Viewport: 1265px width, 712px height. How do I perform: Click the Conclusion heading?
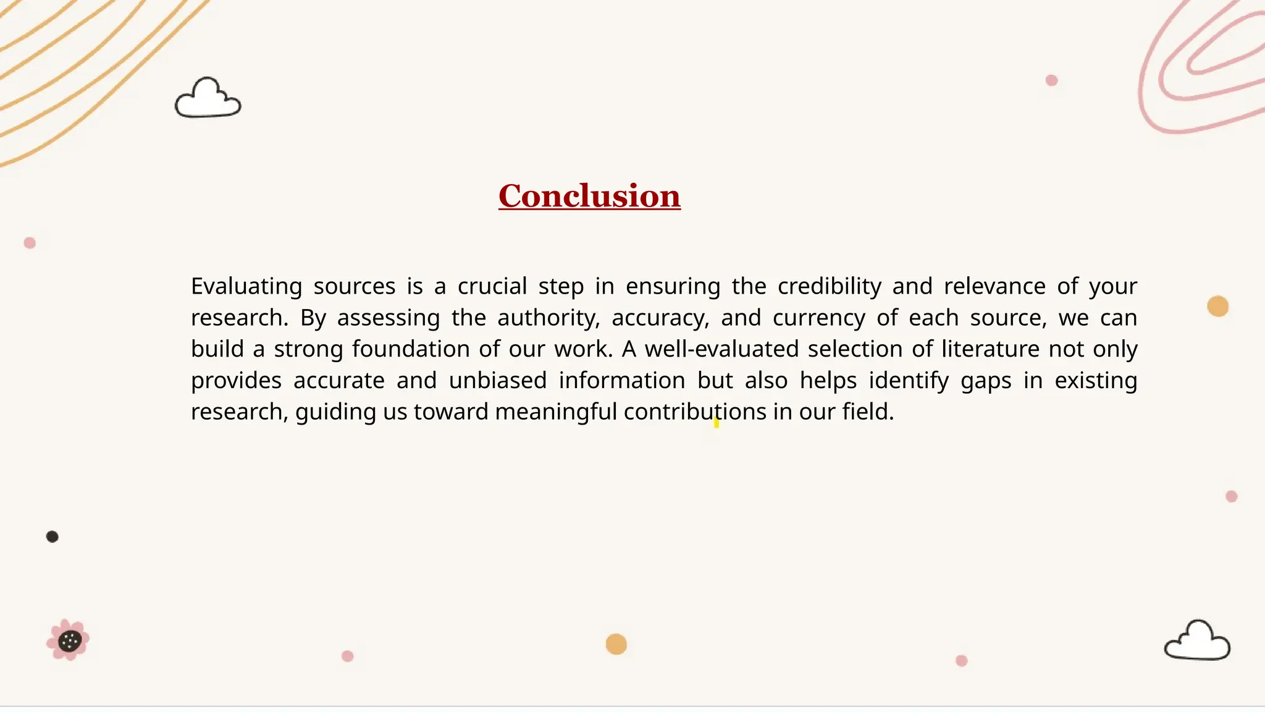click(589, 196)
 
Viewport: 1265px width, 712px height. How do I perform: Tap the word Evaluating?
click(246, 286)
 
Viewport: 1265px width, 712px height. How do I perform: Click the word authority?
click(548, 318)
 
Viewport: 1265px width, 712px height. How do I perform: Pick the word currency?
click(818, 318)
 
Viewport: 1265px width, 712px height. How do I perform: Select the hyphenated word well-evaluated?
click(722, 349)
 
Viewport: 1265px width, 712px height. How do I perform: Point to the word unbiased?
click(497, 381)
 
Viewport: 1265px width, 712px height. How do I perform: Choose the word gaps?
click(986, 381)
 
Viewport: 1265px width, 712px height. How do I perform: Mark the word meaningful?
click(556, 412)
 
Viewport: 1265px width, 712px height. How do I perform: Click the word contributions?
click(695, 412)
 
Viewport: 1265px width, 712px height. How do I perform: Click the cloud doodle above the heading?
click(208, 99)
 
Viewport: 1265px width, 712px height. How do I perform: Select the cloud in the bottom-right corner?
click(1197, 642)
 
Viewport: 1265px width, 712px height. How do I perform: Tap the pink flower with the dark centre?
click(69, 640)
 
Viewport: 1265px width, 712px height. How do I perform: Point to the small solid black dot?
click(53, 536)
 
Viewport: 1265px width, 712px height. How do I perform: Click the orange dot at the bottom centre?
click(616, 644)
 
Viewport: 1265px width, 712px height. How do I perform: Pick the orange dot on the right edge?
click(1217, 306)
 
